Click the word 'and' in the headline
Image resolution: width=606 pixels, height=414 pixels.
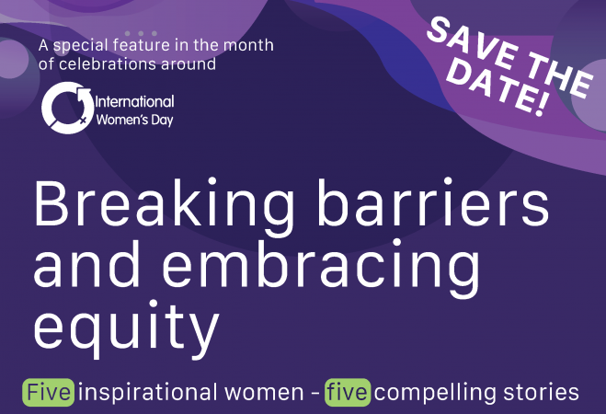click(86, 263)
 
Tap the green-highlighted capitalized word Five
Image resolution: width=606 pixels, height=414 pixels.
click(49, 392)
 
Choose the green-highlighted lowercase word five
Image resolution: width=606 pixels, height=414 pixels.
click(347, 392)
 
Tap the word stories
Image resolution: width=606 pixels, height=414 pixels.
click(541, 392)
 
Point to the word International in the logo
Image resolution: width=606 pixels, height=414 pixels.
click(134, 102)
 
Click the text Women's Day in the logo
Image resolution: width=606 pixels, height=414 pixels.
click(134, 120)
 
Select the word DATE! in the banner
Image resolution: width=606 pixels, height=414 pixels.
click(498, 89)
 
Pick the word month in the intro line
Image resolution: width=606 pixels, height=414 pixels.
click(249, 45)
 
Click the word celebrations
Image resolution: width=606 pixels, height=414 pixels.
click(108, 63)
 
